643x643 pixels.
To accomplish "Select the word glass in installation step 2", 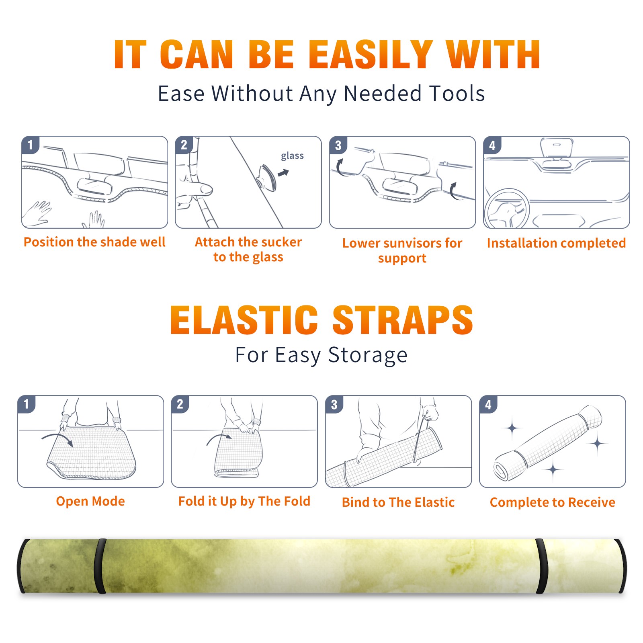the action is [292, 156].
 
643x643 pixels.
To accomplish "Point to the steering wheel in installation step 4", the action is [507, 209].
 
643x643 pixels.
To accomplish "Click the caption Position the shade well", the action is [94, 242].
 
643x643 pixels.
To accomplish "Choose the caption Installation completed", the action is [556, 243].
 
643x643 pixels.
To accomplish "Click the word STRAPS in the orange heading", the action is [403, 320].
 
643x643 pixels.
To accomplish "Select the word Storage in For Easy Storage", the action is [368, 355].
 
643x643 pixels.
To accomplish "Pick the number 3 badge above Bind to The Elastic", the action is [334, 404].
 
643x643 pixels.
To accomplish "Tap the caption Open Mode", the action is [90, 501].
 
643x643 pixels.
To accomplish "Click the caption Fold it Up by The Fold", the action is [244, 501].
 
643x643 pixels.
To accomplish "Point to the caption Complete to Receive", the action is [553, 502].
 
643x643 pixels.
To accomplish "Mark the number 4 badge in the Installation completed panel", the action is [492, 145].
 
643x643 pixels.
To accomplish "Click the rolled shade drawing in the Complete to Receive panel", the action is [548, 443].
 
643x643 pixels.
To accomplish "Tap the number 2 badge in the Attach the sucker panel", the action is [184, 145].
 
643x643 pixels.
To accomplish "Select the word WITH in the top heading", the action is [493, 55].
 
